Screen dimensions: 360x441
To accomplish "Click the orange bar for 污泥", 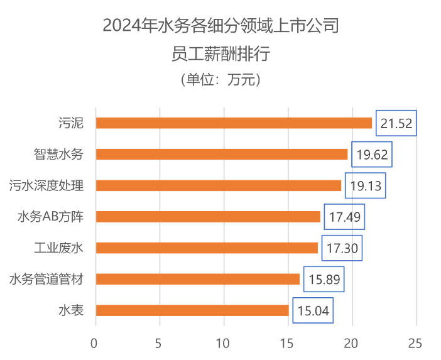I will point(234,123).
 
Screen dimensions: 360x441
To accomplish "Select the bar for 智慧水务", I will point(222,155).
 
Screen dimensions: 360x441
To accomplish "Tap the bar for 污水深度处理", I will point(219,186).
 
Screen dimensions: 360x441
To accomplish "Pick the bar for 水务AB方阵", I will point(208,217).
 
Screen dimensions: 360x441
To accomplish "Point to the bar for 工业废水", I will point(207,248).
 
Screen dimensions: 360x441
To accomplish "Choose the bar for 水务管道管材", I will point(198,279).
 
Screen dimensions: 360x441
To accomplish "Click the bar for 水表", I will point(192,310).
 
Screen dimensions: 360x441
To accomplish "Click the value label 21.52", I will point(396,123).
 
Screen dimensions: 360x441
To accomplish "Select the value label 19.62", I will point(372,155).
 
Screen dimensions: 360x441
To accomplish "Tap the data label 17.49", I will point(344,217).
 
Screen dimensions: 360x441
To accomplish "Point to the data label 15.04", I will point(313,310).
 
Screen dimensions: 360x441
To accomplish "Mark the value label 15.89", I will point(324,279).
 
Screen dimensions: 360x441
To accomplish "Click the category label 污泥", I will point(70,123).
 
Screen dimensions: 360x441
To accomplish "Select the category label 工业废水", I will point(58,248).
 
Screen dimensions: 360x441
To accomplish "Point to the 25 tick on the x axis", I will point(415,343).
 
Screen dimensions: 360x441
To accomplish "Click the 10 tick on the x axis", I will point(223,343).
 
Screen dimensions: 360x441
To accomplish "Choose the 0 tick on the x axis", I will point(95,343).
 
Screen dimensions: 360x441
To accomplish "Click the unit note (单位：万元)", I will point(220,80).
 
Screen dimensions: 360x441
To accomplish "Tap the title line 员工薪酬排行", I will point(220,54).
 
